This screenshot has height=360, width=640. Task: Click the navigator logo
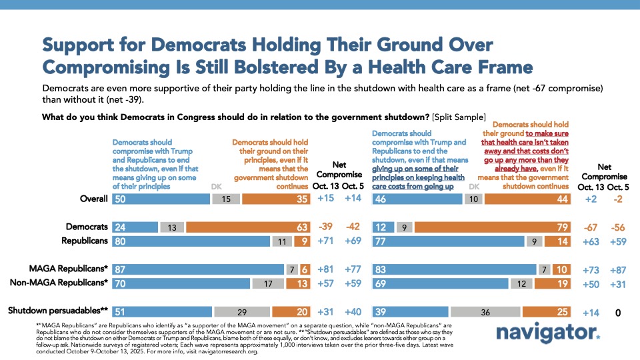coord(554,332)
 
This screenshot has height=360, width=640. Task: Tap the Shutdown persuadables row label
coord(58,311)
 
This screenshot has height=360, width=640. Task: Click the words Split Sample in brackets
coord(461,118)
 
